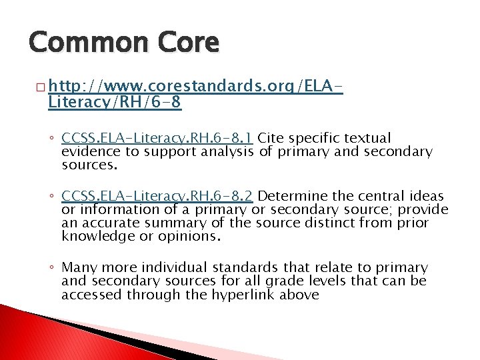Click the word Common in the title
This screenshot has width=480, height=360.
[x=81, y=42]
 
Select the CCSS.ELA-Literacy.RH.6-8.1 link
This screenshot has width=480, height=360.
[x=157, y=138]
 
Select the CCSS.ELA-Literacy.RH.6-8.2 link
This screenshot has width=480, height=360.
[x=157, y=196]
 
